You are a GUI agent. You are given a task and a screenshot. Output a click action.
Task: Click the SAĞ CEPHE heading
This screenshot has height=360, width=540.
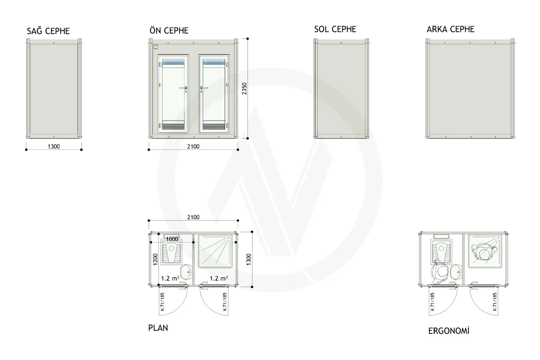[x=48, y=31]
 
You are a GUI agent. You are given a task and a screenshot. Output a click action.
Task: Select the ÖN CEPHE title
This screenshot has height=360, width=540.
[x=169, y=31]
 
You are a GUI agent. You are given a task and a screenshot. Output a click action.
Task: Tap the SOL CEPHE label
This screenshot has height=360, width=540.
[x=335, y=29]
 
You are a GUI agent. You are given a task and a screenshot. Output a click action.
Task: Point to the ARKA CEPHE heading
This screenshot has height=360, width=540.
[x=450, y=29]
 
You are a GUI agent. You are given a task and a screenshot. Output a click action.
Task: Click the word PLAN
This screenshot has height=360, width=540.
[x=158, y=328]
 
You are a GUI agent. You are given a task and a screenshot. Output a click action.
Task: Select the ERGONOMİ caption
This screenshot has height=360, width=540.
[x=449, y=331]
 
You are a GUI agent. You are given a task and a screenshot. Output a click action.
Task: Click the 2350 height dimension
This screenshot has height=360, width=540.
[x=244, y=89]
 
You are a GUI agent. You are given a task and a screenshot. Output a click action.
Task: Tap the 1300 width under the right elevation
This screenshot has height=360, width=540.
[x=54, y=146]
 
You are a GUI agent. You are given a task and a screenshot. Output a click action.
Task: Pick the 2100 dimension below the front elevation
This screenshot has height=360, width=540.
[x=193, y=146]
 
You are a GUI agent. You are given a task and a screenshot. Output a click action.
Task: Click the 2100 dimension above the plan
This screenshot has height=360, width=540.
[x=193, y=217]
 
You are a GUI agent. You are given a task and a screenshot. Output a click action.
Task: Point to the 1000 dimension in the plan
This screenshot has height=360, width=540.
[x=172, y=239]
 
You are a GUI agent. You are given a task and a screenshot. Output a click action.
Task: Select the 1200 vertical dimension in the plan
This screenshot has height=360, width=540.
[x=155, y=259]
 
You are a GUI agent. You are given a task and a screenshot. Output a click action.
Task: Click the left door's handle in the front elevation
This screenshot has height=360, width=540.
[x=184, y=89]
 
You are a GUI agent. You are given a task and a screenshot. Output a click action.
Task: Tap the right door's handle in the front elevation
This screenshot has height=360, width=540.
[x=203, y=89]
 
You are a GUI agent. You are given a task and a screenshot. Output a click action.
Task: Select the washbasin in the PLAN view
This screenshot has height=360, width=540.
[x=187, y=271]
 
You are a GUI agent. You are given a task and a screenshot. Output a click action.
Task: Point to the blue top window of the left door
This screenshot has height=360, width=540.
[x=173, y=62]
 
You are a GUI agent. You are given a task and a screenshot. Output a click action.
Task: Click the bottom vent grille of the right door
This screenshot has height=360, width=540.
[x=214, y=126]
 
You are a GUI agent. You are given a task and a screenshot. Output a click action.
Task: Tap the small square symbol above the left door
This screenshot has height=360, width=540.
[x=156, y=47]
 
